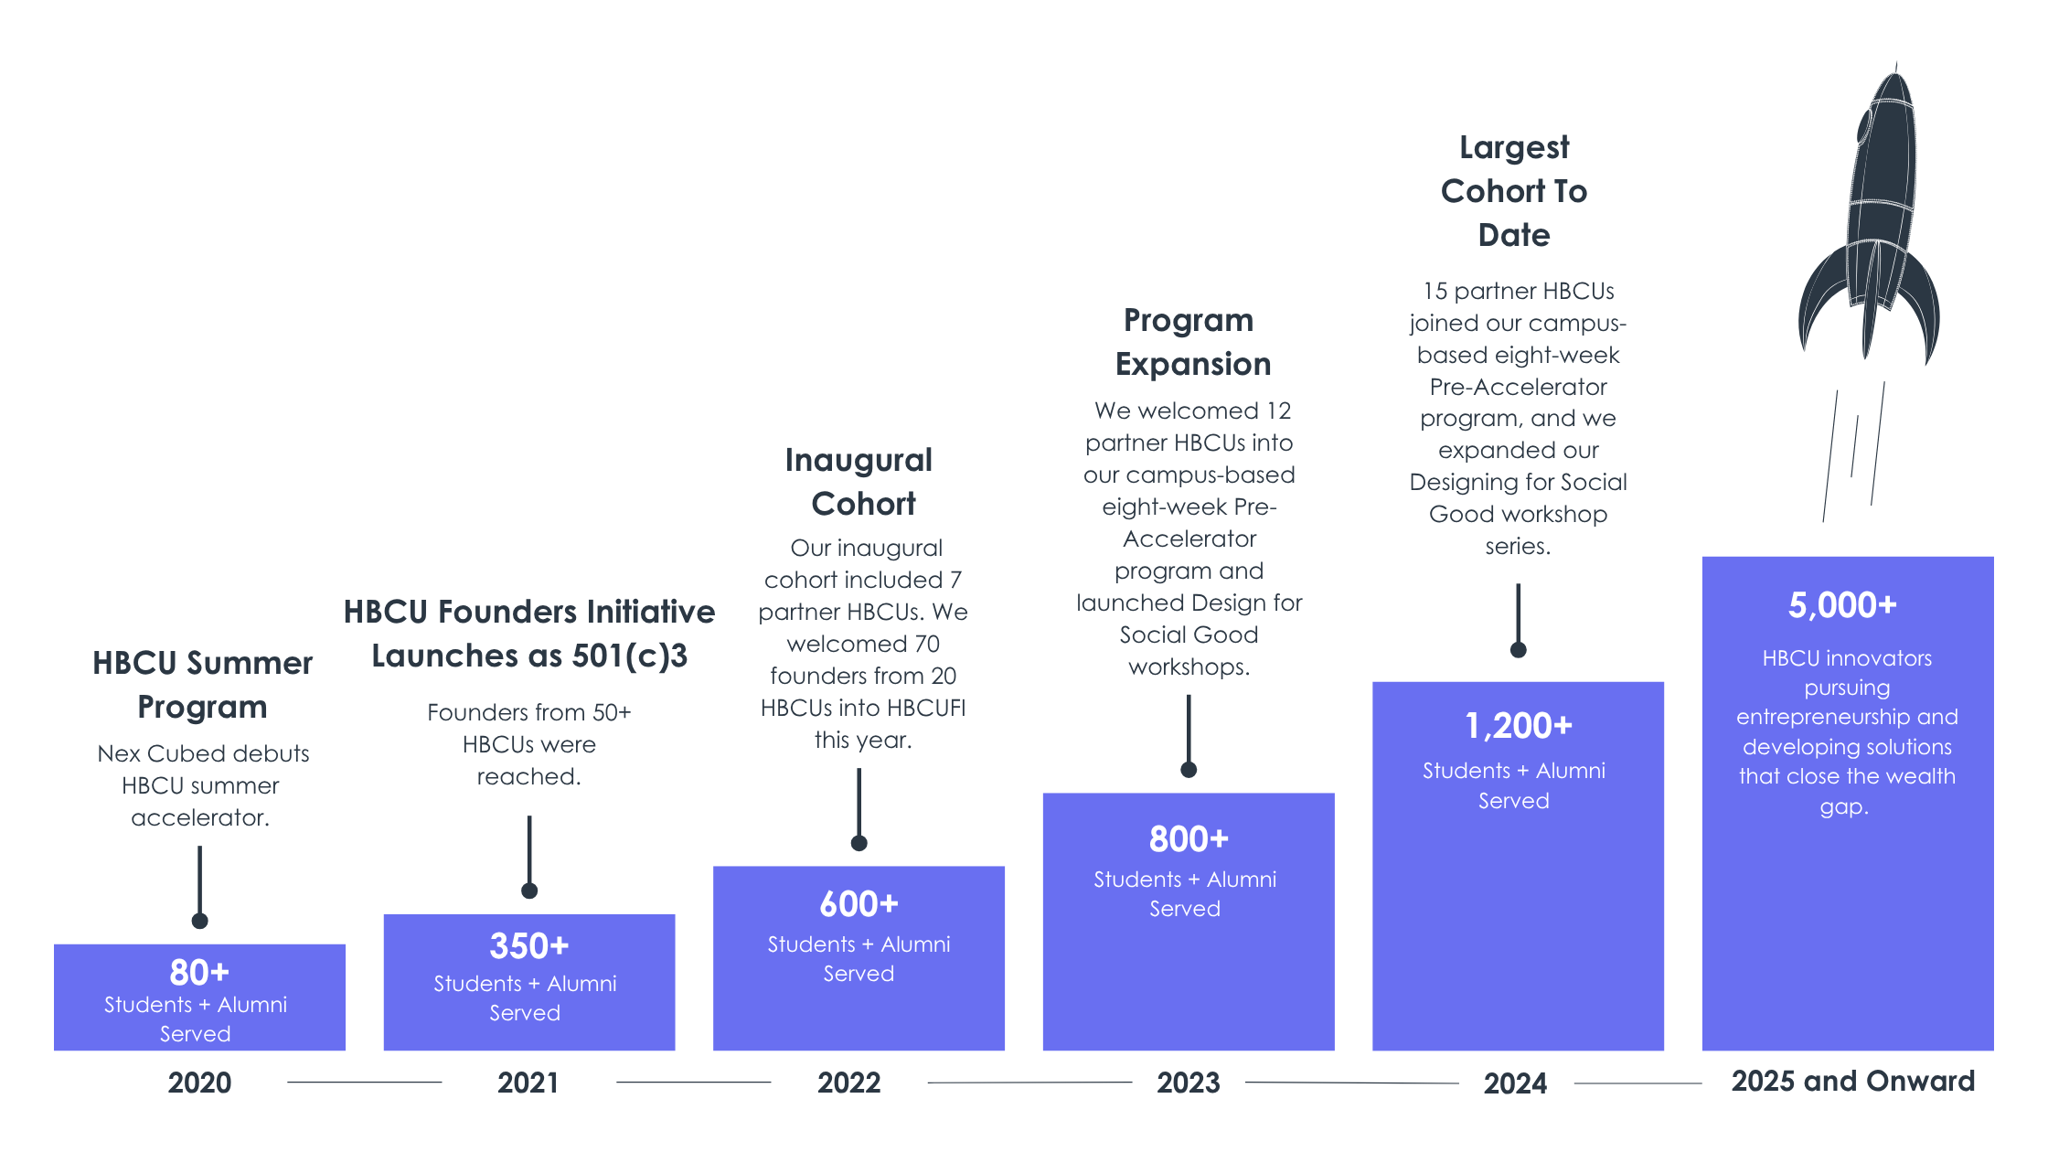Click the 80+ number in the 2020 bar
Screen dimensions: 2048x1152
pyautogui.click(x=199, y=972)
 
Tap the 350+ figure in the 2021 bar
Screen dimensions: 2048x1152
pyautogui.click(x=529, y=946)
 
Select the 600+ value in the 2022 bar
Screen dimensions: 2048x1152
pyautogui.click(x=859, y=904)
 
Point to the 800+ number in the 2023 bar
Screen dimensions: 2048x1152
pyautogui.click(x=1189, y=839)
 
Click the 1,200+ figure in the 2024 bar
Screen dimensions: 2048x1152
pyautogui.click(x=1518, y=726)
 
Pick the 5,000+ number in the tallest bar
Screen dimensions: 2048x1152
pyautogui.click(x=1842, y=605)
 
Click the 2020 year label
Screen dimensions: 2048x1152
pyautogui.click(x=199, y=1083)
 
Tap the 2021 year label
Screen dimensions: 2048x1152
pyautogui.click(x=528, y=1083)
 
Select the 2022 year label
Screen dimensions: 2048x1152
pyautogui.click(x=848, y=1083)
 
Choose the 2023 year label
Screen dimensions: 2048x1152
pyautogui.click(x=1188, y=1083)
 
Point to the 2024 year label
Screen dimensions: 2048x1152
pyautogui.click(x=1515, y=1083)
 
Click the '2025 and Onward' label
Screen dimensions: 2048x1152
pyautogui.click(x=1852, y=1081)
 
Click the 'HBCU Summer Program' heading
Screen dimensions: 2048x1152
pyautogui.click(x=202, y=685)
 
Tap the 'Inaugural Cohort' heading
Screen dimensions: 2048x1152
pyautogui.click(x=859, y=482)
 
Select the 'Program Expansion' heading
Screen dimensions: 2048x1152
pyautogui.click(x=1190, y=342)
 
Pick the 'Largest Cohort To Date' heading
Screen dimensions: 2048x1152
pyautogui.click(x=1514, y=191)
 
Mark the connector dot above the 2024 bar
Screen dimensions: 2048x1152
pyautogui.click(x=1518, y=650)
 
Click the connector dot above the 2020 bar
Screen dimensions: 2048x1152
pyautogui.click(x=199, y=921)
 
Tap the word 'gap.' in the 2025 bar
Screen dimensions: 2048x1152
pyautogui.click(x=1843, y=806)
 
